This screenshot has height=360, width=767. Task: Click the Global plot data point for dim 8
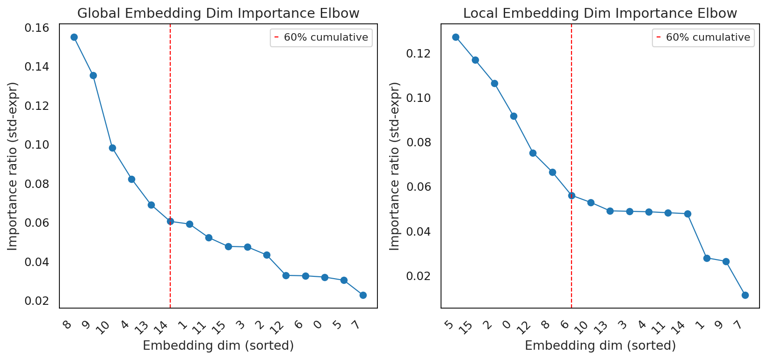(x=74, y=37)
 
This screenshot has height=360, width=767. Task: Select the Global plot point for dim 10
(x=112, y=148)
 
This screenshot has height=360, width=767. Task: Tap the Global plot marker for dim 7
(x=363, y=295)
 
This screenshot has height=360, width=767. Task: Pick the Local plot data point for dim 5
(x=456, y=37)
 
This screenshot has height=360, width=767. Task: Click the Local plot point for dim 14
(x=687, y=214)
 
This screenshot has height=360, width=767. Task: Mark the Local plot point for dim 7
(x=745, y=295)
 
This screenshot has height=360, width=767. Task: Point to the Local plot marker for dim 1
(x=707, y=259)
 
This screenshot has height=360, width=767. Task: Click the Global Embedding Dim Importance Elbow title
(x=218, y=14)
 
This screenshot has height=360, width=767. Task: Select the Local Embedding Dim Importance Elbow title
(x=600, y=14)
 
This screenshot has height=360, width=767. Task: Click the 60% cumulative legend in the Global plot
(x=321, y=37)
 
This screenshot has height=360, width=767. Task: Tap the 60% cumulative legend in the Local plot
(x=703, y=37)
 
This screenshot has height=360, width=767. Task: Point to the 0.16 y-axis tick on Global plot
(x=36, y=28)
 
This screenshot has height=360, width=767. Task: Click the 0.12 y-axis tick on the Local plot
(x=419, y=54)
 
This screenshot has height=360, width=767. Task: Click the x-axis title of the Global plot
(x=218, y=346)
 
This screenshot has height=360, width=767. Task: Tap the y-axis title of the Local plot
(x=394, y=166)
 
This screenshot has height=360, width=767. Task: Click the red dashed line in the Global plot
(x=170, y=166)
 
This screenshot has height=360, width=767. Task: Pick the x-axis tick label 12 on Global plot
(x=277, y=327)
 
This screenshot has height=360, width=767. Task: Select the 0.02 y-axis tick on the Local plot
(x=419, y=276)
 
